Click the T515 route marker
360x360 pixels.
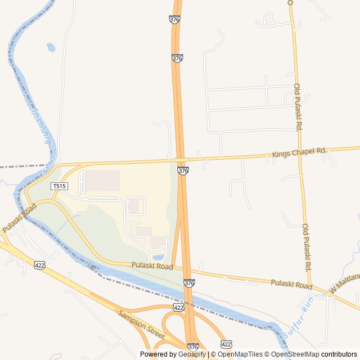coord(59,186)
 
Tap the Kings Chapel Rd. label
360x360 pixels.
coord(299,152)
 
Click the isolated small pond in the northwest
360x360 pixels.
coord(51,47)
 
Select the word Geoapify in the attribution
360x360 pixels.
coord(192,354)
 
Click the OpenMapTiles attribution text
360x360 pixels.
coord(240,354)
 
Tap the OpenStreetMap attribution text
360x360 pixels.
coord(295,354)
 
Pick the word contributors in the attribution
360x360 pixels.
coord(339,354)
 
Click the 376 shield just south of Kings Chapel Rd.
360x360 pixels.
coord(183,170)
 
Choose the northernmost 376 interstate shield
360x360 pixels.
coord(174,19)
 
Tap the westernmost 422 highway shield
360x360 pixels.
coord(39,265)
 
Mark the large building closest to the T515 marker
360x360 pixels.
coord(102,181)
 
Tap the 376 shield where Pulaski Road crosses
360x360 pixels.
coord(190,283)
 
